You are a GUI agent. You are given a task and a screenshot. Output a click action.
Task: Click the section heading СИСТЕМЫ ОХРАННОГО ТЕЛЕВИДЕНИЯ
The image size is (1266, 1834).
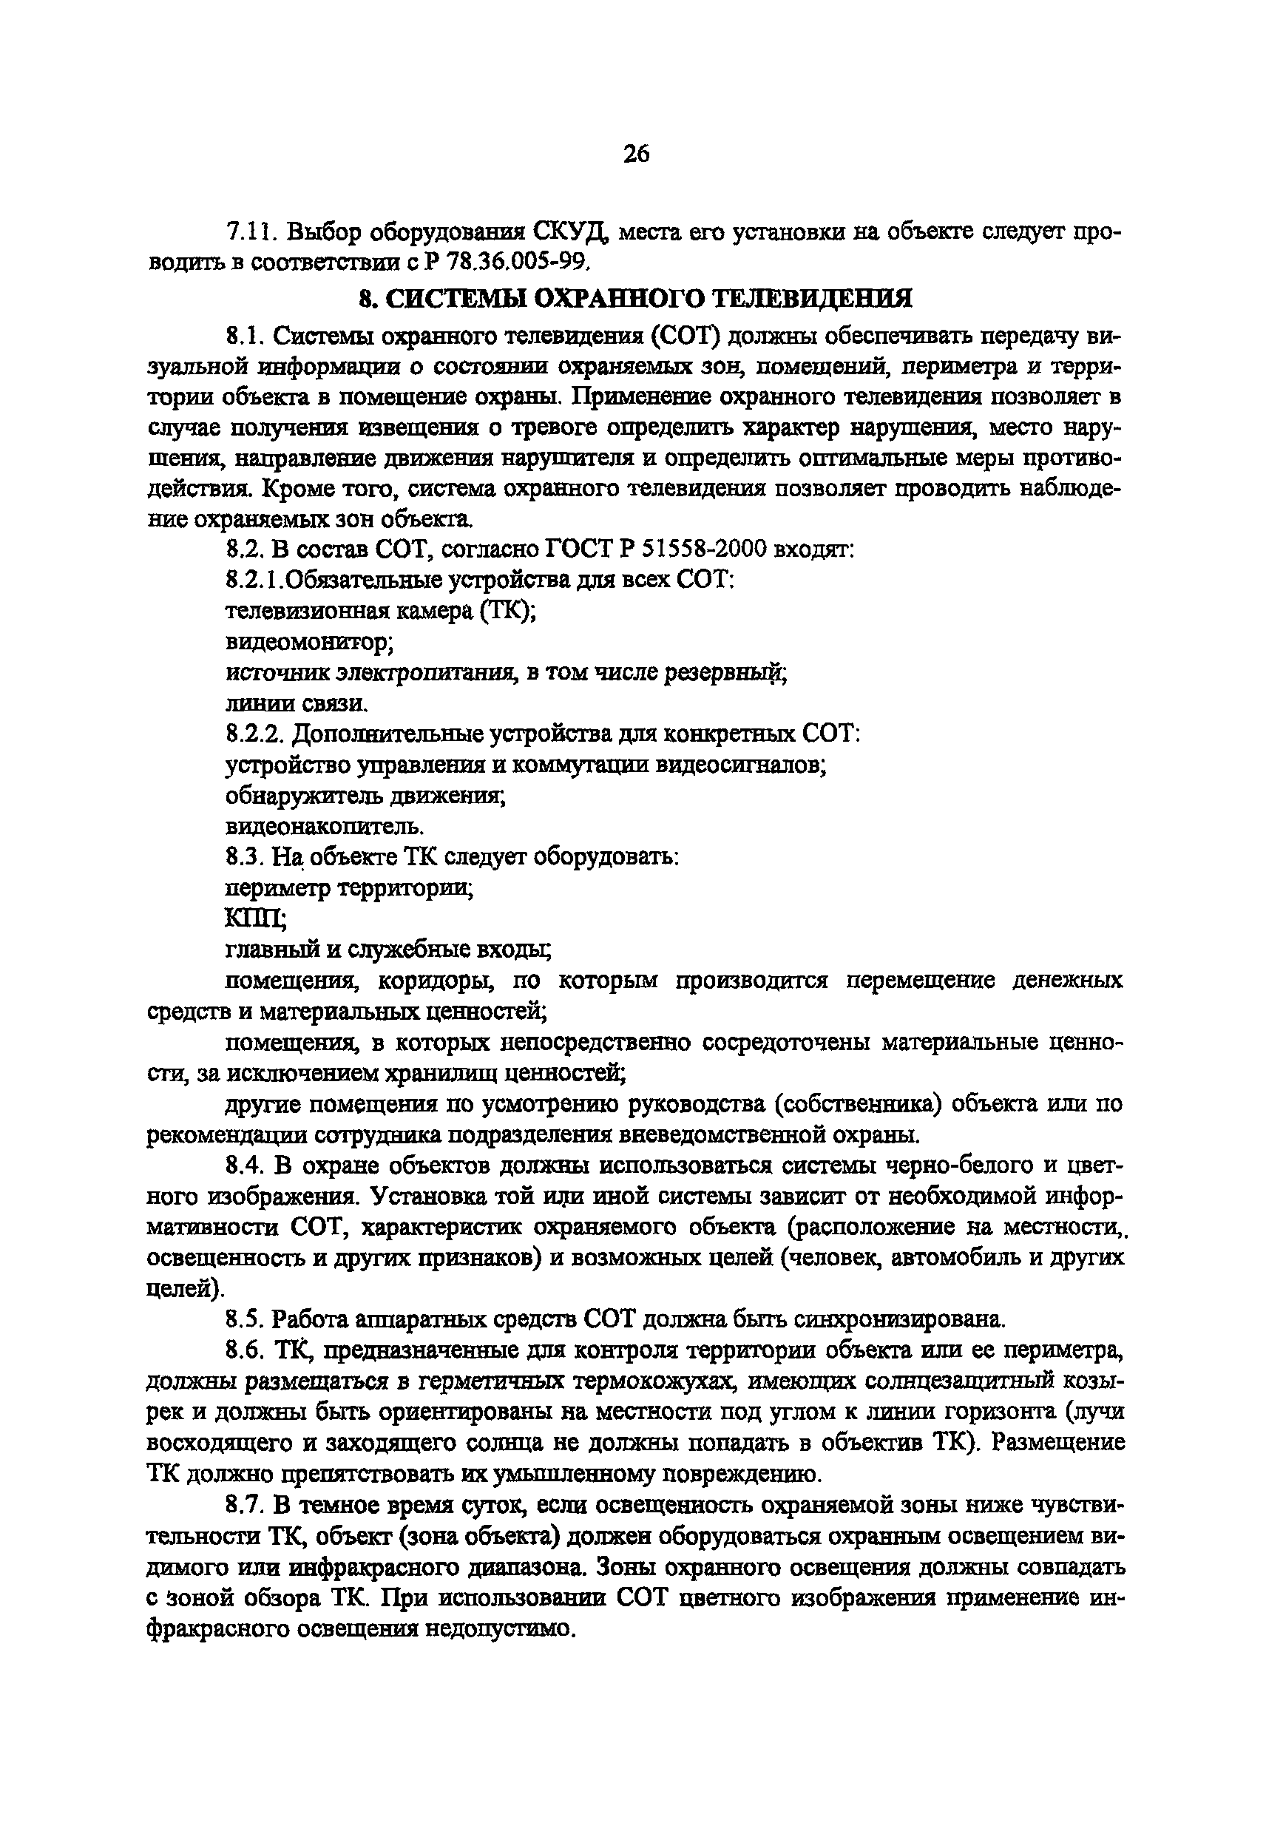pos(635,298)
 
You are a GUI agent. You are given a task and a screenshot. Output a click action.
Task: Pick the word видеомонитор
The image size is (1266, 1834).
pos(310,641)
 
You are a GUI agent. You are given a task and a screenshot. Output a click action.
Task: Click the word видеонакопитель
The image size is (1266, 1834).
pos(325,827)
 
